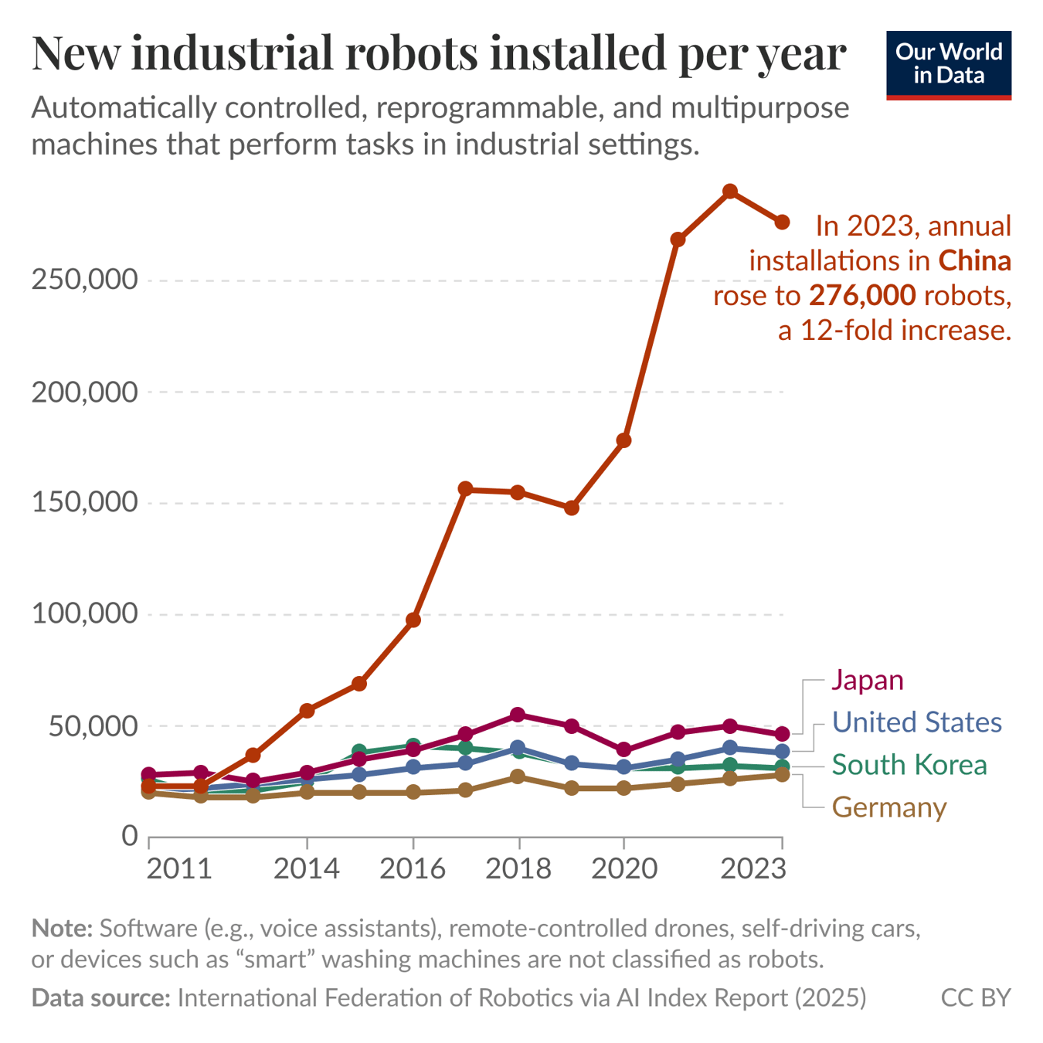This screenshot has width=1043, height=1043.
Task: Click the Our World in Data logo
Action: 948,65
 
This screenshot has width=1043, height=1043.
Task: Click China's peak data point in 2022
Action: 729,192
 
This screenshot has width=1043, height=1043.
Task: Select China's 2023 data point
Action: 782,222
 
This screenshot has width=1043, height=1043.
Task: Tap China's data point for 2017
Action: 465,489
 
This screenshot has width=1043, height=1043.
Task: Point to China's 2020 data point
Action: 623,440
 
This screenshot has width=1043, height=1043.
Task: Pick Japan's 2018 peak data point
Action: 518,715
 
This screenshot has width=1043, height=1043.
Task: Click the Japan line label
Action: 867,680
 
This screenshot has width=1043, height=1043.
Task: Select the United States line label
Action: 916,722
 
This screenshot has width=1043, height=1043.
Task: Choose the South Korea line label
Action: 909,765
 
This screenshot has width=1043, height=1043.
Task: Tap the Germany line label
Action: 888,807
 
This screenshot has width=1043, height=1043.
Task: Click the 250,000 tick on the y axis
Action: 84,280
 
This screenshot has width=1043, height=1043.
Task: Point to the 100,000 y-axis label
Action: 84,615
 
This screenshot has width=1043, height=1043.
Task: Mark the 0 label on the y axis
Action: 129,837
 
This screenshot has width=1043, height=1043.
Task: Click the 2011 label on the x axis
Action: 178,869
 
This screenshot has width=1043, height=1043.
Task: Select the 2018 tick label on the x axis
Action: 518,869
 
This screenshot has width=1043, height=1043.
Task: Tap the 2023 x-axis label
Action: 753,869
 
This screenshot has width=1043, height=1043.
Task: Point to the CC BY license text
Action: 975,997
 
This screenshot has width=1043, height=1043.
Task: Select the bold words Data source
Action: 100,997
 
